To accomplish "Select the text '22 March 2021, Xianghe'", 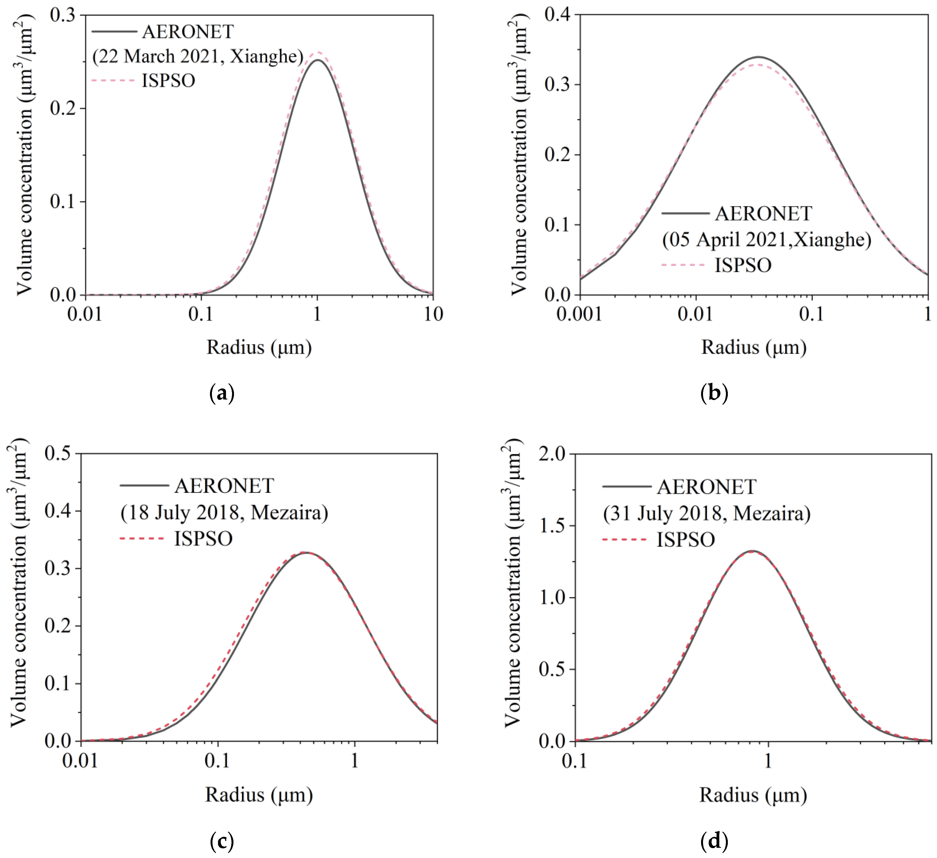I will click(x=198, y=56).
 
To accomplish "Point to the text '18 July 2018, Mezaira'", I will click(x=224, y=513).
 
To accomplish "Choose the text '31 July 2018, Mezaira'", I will click(x=706, y=513).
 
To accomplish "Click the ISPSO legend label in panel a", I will click(x=168, y=81).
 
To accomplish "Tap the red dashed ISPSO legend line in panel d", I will click(x=624, y=540).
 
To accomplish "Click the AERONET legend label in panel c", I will click(x=224, y=486).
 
